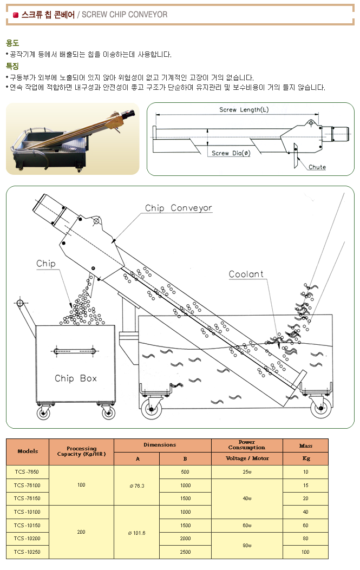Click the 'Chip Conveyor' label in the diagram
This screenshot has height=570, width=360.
point(179,208)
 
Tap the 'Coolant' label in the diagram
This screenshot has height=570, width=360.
point(246,274)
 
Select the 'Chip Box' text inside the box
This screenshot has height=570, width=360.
point(76,378)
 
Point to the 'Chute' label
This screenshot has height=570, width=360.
point(317,167)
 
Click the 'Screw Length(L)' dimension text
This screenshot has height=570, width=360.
point(244,110)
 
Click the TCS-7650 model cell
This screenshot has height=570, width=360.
point(27,472)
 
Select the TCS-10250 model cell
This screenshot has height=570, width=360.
point(27,552)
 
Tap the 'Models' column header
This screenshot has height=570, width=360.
point(28,451)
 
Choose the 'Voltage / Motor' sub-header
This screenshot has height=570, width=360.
point(247,458)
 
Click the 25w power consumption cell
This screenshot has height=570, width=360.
point(247,472)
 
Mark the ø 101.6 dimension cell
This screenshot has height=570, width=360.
point(136,533)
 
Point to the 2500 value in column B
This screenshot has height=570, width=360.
point(185,552)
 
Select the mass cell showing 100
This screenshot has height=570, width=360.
point(305,552)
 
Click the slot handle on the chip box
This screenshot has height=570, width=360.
point(75,351)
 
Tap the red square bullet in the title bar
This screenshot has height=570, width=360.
point(15,15)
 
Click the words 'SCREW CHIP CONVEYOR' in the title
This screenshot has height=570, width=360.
point(125,15)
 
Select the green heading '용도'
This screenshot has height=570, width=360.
point(12,43)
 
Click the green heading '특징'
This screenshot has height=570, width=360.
point(12,66)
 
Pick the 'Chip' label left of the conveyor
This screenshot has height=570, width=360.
point(46,264)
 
